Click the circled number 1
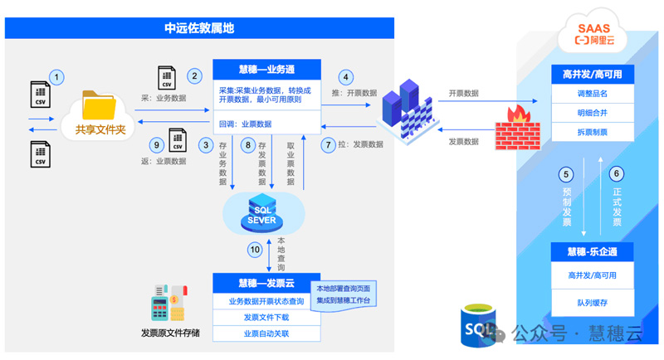(56, 77)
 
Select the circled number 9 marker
(154, 144)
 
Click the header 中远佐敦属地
(199, 28)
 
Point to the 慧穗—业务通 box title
(266, 70)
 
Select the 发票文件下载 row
(266, 318)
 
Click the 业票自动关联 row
(266, 333)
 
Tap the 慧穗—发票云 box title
(266, 282)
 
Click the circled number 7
(329, 144)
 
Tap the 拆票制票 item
(592, 132)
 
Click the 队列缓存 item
(592, 303)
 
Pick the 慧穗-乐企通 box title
(592, 251)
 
